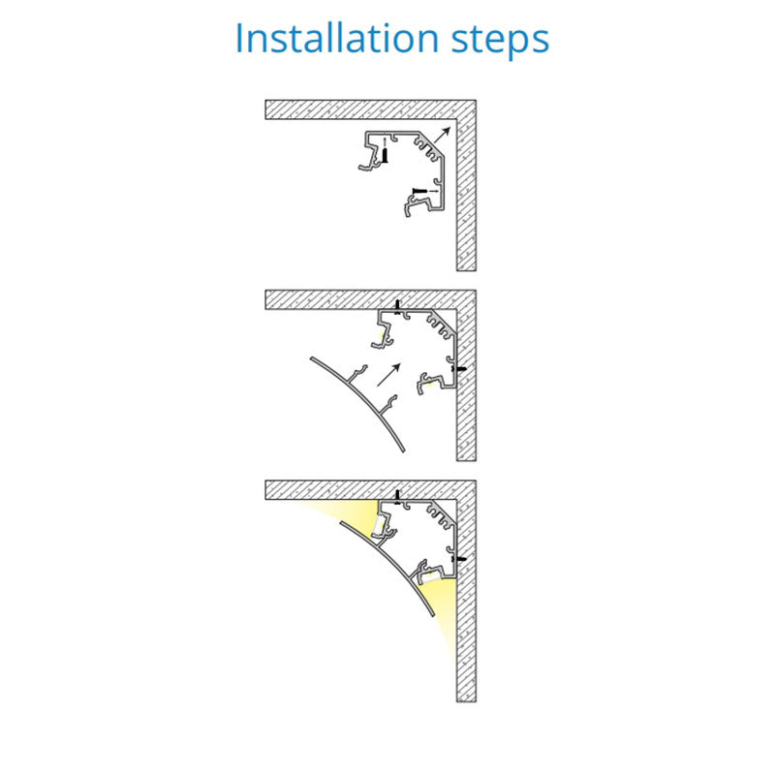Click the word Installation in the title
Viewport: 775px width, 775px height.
click(x=337, y=38)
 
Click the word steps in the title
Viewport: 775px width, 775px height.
click(x=500, y=41)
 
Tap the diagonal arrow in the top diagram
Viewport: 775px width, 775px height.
click(x=443, y=135)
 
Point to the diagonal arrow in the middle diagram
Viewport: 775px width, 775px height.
click(x=388, y=375)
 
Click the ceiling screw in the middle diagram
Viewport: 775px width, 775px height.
click(x=397, y=306)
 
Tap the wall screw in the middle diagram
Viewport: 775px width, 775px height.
click(x=459, y=369)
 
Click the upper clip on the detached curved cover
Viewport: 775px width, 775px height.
click(x=357, y=374)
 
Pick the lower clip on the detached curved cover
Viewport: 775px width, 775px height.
click(x=388, y=405)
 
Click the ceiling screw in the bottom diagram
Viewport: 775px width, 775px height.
click(x=397, y=497)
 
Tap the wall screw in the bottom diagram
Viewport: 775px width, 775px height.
click(x=459, y=559)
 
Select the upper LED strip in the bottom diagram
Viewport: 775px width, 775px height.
click(x=380, y=525)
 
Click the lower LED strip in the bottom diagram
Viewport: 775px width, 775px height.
click(x=430, y=577)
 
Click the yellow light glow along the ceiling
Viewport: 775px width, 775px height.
click(x=346, y=514)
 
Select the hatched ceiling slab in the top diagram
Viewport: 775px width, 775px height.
click(x=371, y=109)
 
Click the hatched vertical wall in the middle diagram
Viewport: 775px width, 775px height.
click(x=466, y=376)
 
